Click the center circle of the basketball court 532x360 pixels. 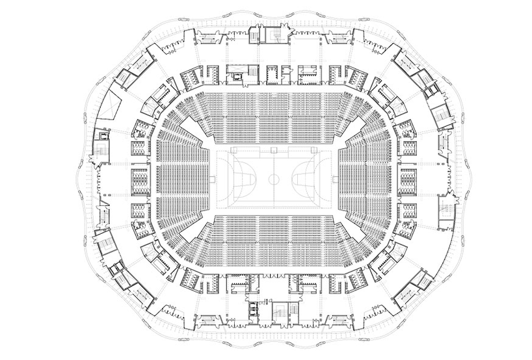(274, 177)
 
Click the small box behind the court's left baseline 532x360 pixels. (219, 177)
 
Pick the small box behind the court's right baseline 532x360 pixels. (330, 177)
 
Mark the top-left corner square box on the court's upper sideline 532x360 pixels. (232, 149)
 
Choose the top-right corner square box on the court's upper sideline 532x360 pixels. (317, 149)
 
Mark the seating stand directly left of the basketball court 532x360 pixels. (182, 178)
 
